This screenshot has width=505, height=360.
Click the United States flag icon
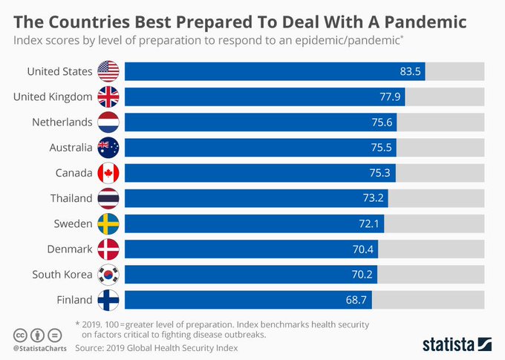(108, 71)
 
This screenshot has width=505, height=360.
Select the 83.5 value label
(410, 72)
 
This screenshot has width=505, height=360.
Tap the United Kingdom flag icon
(108, 96)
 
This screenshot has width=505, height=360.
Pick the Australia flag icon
(108, 148)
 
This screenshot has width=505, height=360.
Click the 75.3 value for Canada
(382, 174)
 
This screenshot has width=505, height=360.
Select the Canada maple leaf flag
(108, 173)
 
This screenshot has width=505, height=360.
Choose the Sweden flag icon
(108, 223)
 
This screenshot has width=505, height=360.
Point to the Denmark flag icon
(108, 249)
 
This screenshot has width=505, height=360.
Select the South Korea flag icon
(108, 275)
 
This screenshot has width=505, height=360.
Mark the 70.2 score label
(363, 275)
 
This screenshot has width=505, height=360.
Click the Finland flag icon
(108, 300)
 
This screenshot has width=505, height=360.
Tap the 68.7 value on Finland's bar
(357, 301)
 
